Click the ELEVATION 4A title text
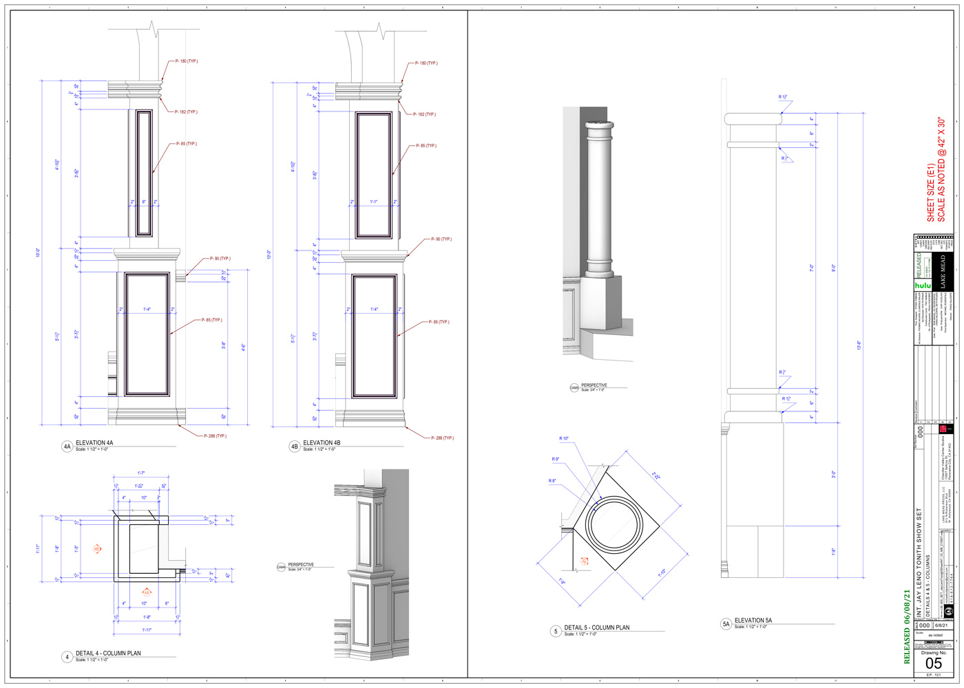(94, 443)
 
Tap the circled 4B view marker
(295, 447)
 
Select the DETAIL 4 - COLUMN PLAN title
(108, 654)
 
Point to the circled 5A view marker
(726, 624)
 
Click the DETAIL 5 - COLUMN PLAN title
(596, 627)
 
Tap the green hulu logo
(923, 285)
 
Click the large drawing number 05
(933, 663)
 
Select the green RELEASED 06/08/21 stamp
(907, 626)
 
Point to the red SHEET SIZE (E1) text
(931, 193)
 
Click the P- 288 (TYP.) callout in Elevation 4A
(215, 436)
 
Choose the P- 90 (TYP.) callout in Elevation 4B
(441, 239)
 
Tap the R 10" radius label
(564, 439)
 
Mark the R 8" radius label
(552, 481)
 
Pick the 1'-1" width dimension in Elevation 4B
(374, 202)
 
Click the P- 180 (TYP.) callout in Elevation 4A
(186, 61)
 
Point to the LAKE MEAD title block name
(943, 272)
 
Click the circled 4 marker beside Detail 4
(67, 657)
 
